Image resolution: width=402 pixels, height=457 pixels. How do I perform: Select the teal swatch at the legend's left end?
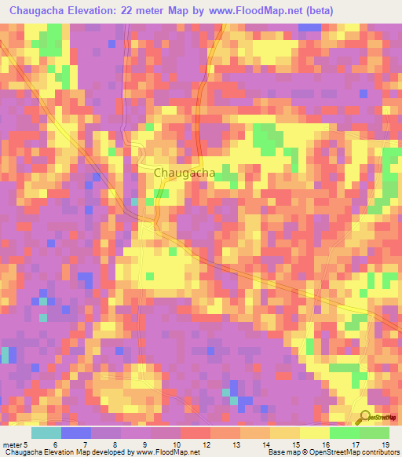coord(46,433)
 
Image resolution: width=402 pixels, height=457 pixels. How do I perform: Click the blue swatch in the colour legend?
coord(76,433)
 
